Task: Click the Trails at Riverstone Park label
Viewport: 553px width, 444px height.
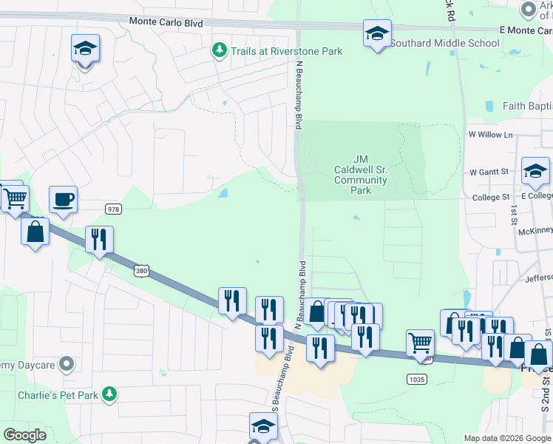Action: point(286,51)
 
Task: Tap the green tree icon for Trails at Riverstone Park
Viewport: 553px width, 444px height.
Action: point(219,50)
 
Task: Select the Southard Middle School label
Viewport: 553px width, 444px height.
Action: point(444,43)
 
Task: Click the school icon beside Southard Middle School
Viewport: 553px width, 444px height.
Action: point(377,34)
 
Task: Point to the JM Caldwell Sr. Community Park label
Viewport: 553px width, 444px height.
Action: point(361,175)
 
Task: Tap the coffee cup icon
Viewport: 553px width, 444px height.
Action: point(64,199)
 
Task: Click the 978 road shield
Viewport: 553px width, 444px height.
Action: point(112,209)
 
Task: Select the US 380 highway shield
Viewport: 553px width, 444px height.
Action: point(140,272)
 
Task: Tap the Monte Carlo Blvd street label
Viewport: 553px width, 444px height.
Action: point(166,23)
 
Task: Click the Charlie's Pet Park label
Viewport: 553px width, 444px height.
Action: point(58,395)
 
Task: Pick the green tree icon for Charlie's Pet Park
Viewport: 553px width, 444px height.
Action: point(110,394)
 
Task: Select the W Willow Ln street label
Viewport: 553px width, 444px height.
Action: point(490,135)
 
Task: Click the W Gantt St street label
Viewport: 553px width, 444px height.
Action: point(489,172)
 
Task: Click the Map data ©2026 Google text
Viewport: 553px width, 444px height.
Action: point(506,438)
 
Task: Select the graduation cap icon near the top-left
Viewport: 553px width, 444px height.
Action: point(85,49)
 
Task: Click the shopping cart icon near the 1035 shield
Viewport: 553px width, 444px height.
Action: point(420,343)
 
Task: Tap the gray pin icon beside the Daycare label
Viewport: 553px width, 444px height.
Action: point(67,363)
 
